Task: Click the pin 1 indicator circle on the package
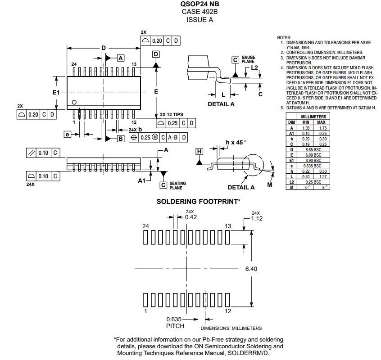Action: point(75,101)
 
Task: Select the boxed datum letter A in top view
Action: point(120,58)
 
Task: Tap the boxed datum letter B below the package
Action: point(120,139)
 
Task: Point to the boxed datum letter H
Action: point(200,151)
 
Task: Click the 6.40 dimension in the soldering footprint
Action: point(251,269)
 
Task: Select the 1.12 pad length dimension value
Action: point(257,218)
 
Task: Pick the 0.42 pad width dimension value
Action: point(191,216)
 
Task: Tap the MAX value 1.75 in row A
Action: point(321,128)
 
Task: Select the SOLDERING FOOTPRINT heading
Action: point(198,202)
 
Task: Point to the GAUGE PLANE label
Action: point(248,60)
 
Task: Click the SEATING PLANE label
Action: point(177,185)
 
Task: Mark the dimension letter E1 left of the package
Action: point(55,92)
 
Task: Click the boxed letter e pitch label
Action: point(67,134)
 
